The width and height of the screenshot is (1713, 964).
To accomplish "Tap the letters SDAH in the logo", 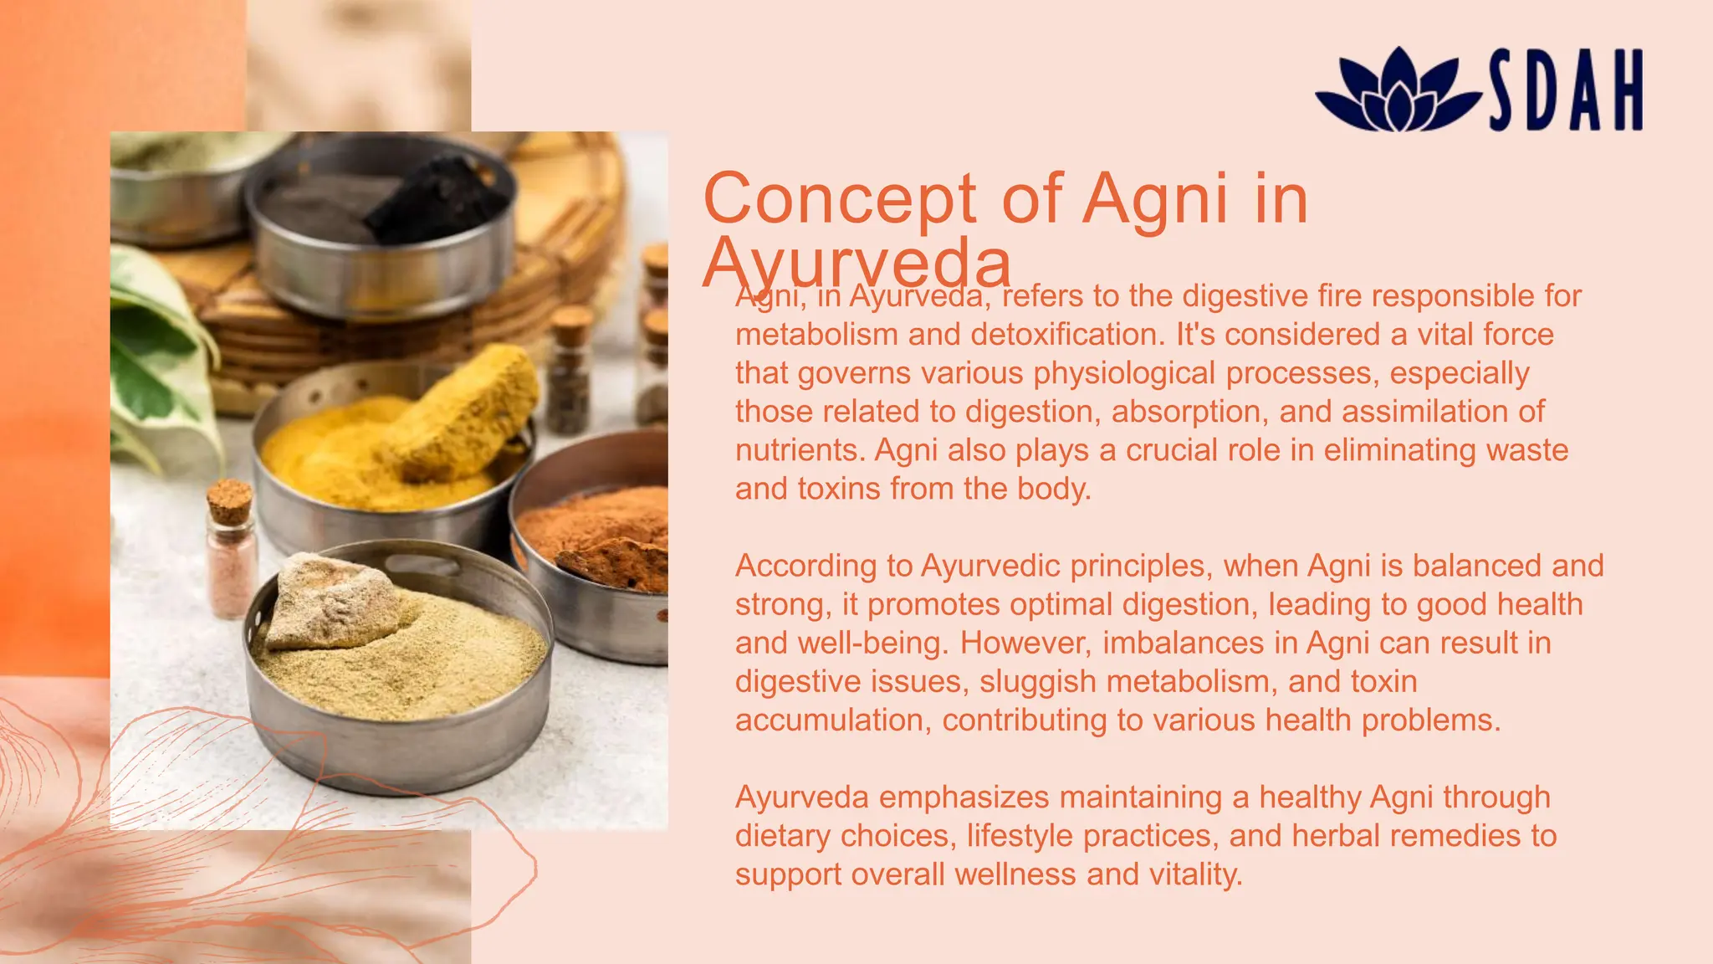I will pos(1566,90).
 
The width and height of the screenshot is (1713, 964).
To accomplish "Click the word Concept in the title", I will pos(840,199).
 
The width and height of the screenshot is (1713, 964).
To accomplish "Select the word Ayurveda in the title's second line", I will pos(856,263).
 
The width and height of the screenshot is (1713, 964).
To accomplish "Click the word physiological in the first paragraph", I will pos(1124,373).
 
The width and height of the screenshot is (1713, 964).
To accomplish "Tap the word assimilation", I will pos(1429,412).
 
